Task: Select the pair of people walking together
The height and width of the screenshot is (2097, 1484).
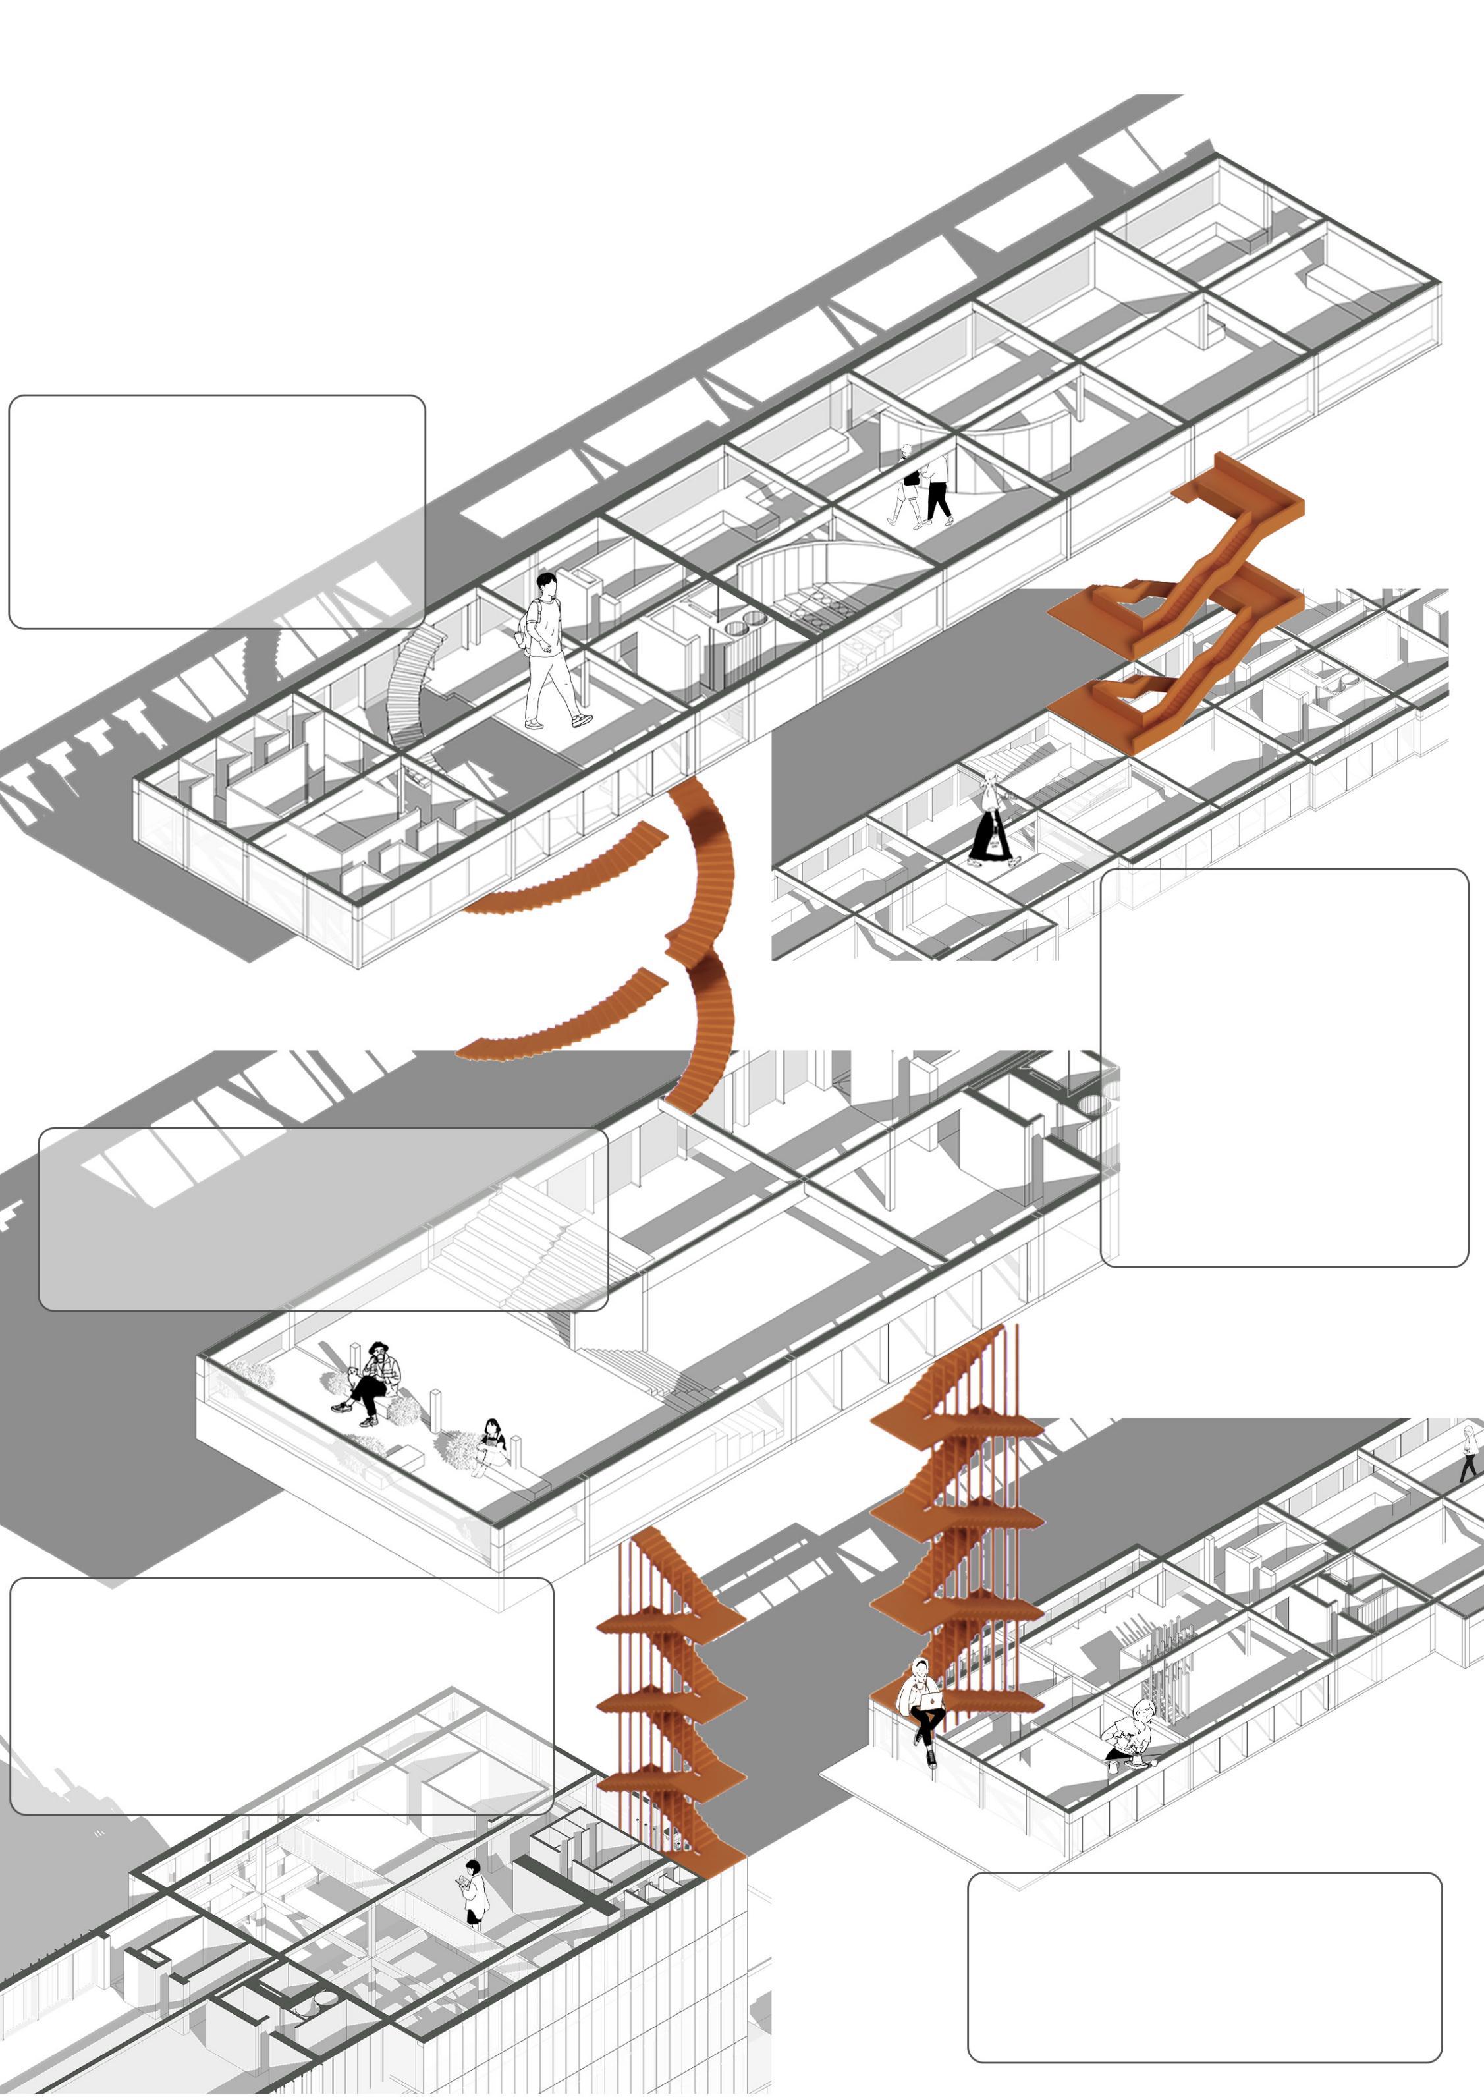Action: tap(923, 489)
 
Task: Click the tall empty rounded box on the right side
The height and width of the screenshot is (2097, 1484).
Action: tap(1283, 1067)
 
